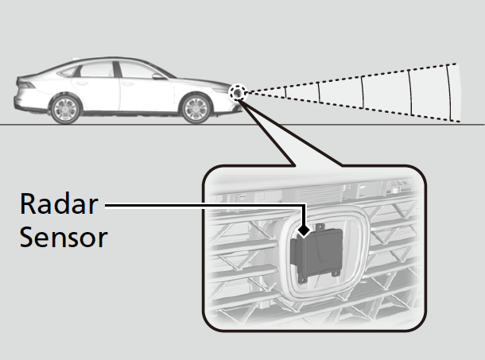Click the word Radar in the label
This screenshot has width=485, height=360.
pos(59,204)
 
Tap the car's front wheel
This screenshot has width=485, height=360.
pos(196,108)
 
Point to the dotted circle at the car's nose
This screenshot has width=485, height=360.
pos(237,93)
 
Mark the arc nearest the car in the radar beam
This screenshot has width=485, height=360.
pos(319,93)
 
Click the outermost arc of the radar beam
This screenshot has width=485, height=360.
pos(453,92)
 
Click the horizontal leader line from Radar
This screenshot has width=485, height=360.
pos(199,205)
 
